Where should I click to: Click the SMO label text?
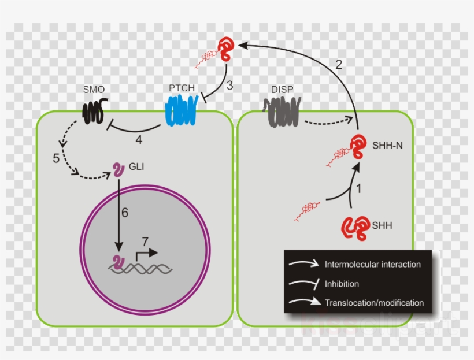click(94, 90)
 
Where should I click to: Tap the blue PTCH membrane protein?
click(182, 110)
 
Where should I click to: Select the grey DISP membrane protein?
click(282, 112)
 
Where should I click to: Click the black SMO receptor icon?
click(95, 111)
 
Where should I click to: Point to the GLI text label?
click(136, 166)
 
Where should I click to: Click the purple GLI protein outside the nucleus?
click(118, 170)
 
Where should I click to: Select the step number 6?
click(125, 213)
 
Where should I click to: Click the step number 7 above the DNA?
click(145, 242)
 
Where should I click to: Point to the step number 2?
click(339, 64)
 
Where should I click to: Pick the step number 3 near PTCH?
click(229, 86)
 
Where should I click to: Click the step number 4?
click(139, 140)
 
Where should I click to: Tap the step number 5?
click(56, 158)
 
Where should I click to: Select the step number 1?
click(359, 189)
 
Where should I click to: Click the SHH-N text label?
click(387, 146)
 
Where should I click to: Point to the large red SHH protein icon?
click(355, 228)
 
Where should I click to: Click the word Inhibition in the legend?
click(342, 284)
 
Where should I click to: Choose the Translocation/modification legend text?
click(374, 303)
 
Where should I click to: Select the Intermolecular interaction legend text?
click(373, 265)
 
